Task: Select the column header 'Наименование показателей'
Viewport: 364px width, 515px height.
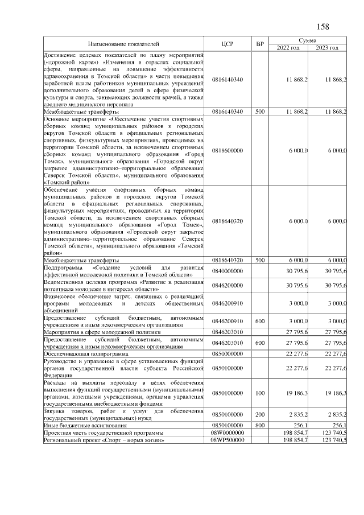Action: (123, 44)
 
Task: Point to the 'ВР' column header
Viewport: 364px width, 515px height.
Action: (260, 44)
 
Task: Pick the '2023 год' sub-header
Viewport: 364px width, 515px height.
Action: (328, 47)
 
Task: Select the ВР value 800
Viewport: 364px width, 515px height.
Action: (260, 426)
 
